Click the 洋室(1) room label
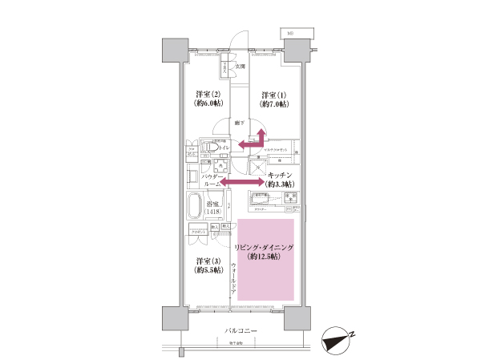[x=274, y=95]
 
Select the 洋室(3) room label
[x=208, y=261]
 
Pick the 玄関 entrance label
[x=240, y=67]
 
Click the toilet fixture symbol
[x=209, y=148]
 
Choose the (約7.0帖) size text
[x=274, y=104]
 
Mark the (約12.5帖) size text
[x=265, y=259]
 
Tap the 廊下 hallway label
[x=240, y=123]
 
